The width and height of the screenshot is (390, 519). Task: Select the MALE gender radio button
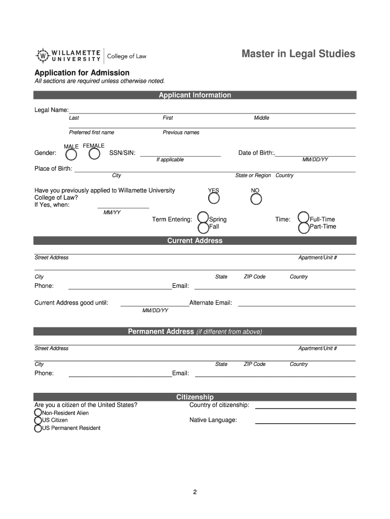72,154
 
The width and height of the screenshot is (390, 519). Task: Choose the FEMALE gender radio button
94,154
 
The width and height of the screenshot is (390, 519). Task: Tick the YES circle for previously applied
214,199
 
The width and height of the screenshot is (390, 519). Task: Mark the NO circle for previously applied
256,199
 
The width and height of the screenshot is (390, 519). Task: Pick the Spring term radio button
203,217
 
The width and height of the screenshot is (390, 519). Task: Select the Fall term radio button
203,228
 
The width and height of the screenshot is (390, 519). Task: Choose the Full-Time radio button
304,217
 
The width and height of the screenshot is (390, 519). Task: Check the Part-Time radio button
304,228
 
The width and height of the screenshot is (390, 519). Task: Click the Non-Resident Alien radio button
38,413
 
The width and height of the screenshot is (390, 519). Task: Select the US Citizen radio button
38,420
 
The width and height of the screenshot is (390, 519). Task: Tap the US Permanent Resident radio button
38,428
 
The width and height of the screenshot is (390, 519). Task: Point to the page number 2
194,492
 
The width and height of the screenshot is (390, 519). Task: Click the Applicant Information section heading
195,95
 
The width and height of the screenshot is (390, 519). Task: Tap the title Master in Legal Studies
298,54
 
